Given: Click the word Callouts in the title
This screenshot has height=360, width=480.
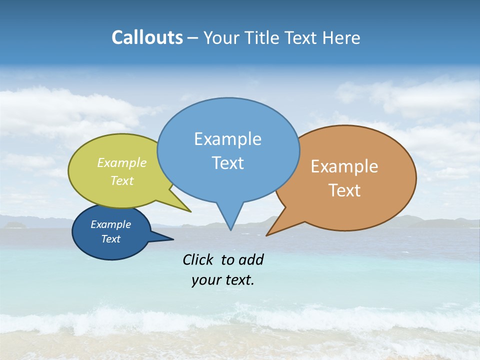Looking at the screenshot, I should tap(147, 38).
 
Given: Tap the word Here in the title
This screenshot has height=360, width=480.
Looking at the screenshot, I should tap(341, 38).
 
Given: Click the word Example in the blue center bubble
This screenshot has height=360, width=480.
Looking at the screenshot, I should tap(227, 139).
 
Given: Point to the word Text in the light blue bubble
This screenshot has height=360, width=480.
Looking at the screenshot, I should tap(227, 163).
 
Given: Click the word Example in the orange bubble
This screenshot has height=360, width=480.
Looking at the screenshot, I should tap(344, 166).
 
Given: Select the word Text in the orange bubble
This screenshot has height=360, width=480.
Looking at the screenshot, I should tap(344, 190).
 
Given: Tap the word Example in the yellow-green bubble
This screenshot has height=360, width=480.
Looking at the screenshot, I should tap(122, 163).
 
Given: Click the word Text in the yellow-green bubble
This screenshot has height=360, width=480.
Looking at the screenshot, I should tap(122, 181).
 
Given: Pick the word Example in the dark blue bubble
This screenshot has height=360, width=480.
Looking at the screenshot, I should tap(110, 224).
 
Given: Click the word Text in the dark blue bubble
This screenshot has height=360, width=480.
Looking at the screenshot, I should tap(110, 239).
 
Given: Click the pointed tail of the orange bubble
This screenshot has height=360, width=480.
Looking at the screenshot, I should tap(269, 233).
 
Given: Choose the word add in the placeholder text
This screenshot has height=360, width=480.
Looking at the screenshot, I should tap(251, 259).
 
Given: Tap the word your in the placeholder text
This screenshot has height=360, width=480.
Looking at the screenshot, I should tap(205, 280).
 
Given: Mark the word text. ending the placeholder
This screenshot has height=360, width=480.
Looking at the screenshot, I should tap(238, 280).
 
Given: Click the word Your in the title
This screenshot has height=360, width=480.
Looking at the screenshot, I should tap(222, 38).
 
